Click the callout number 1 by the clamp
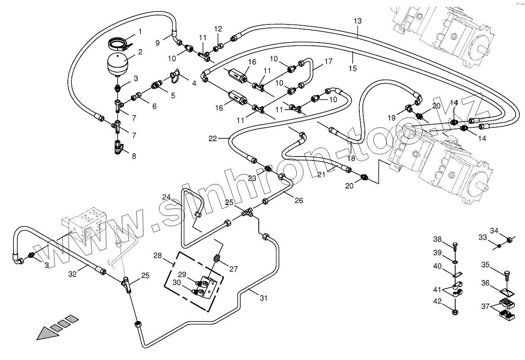140,31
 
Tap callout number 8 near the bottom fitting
134,156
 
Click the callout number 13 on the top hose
357,21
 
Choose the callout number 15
353,69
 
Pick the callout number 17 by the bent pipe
329,62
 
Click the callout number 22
213,138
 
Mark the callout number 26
299,200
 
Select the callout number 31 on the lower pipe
263,298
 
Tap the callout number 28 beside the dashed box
158,256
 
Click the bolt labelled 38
454,247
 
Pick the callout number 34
495,231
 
